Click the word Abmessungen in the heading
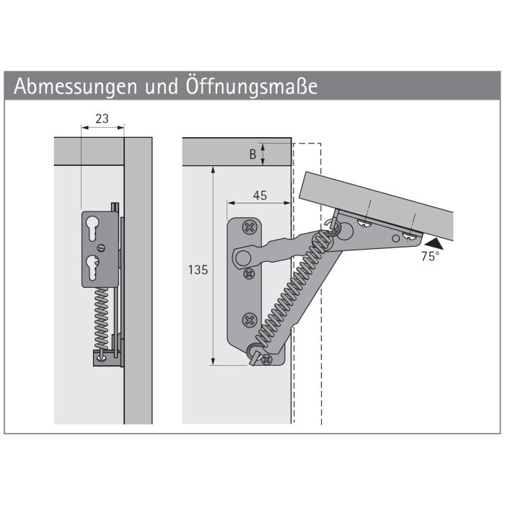click(x=75, y=87)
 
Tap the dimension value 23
click(x=102, y=119)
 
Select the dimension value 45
click(x=260, y=196)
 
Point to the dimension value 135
click(x=198, y=270)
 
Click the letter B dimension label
click(x=252, y=154)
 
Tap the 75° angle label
click(x=430, y=256)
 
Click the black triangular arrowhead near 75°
click(x=434, y=244)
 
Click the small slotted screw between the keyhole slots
click(x=102, y=248)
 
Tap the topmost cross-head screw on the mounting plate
click(x=249, y=227)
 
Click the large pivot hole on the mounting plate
click(x=243, y=258)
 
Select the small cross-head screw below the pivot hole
click(x=249, y=274)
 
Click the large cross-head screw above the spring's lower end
click(x=250, y=320)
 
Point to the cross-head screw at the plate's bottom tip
click(x=267, y=359)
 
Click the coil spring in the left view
click(x=101, y=318)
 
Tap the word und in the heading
click(x=162, y=87)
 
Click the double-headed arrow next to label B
click(x=263, y=154)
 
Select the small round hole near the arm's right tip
click(x=395, y=239)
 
